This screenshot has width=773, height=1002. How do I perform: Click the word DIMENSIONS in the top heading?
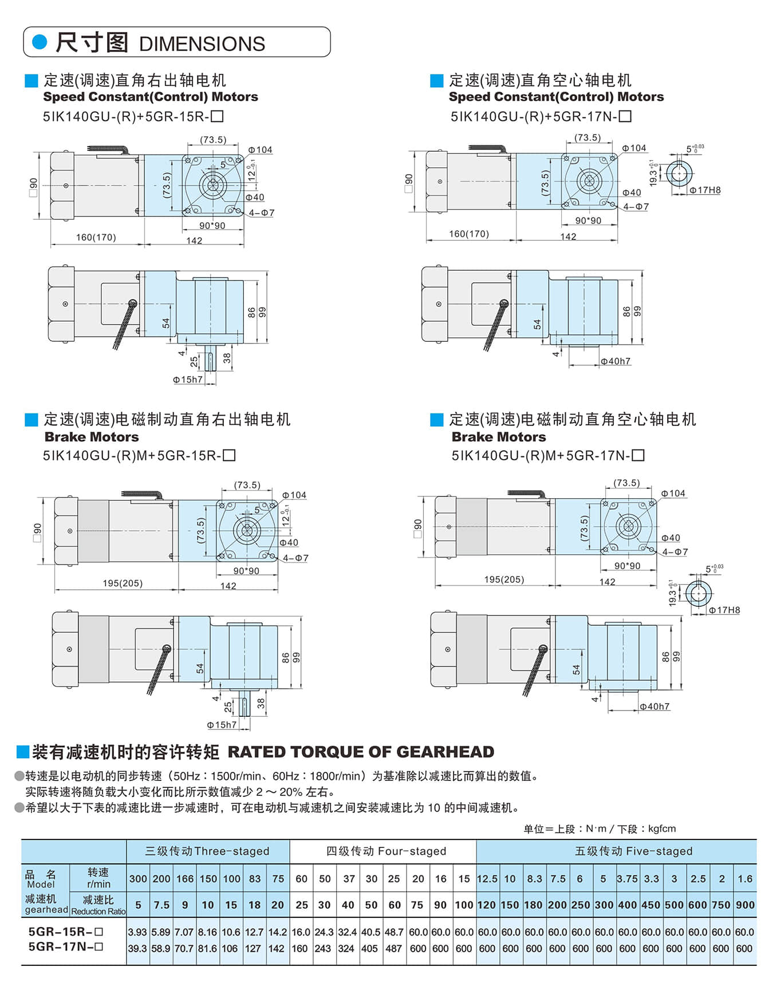tap(202, 44)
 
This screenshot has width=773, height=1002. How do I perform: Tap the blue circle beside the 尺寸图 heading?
tap(40, 42)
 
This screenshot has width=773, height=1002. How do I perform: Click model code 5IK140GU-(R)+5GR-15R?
tap(133, 116)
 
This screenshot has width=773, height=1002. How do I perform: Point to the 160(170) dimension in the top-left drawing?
tap(96, 237)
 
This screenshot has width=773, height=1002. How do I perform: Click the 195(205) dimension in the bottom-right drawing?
tap(504, 579)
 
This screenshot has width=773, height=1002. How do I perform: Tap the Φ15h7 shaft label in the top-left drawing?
tap(188, 380)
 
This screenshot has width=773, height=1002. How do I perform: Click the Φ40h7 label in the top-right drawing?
tap(616, 361)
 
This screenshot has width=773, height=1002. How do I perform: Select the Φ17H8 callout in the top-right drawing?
tap(705, 190)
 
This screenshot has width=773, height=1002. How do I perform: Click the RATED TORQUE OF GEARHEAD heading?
tap(361, 752)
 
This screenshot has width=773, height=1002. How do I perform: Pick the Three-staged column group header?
tap(207, 851)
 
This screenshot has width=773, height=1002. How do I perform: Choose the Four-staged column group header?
tap(386, 851)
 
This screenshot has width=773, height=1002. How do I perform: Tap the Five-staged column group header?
tap(633, 851)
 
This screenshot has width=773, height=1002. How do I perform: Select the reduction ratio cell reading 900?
tap(745, 905)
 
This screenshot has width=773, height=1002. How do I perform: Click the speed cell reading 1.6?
tap(745, 879)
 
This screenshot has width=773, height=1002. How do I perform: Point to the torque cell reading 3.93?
tap(137, 932)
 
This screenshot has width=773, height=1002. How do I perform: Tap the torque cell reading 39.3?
tap(137, 949)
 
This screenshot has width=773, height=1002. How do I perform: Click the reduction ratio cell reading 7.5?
tap(161, 905)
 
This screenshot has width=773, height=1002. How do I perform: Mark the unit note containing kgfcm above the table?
tap(600, 829)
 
